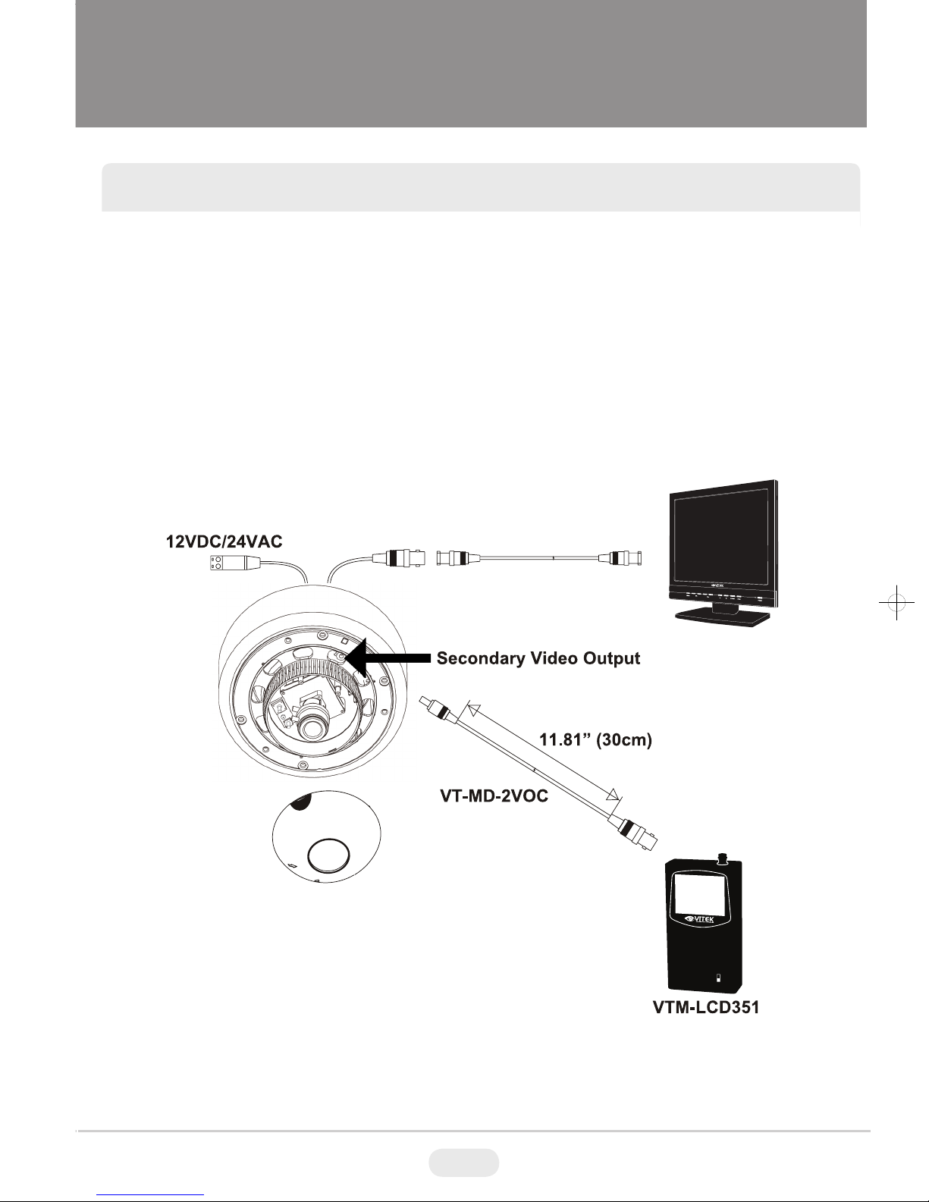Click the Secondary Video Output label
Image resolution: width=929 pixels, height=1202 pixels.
click(x=538, y=658)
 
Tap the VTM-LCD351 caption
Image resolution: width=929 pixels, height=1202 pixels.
click(x=706, y=1009)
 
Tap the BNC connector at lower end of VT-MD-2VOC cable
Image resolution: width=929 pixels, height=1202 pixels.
click(x=637, y=831)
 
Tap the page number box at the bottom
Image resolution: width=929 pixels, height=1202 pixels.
click(x=463, y=1162)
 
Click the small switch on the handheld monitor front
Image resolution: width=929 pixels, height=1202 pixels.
click(x=719, y=977)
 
